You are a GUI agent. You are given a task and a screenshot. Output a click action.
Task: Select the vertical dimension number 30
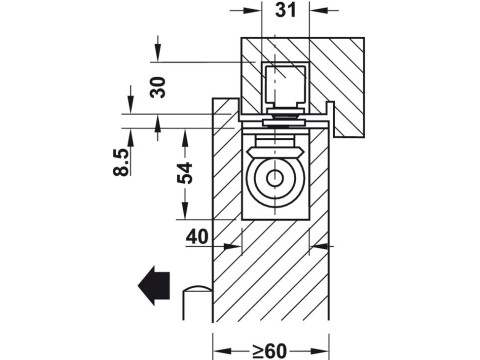click(157, 88)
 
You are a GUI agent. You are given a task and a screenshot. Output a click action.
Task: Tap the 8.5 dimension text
click(121, 162)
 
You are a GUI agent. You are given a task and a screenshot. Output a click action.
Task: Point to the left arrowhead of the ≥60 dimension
click(219, 349)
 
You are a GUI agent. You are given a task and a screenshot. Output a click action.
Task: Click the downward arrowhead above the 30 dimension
click(157, 57)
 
